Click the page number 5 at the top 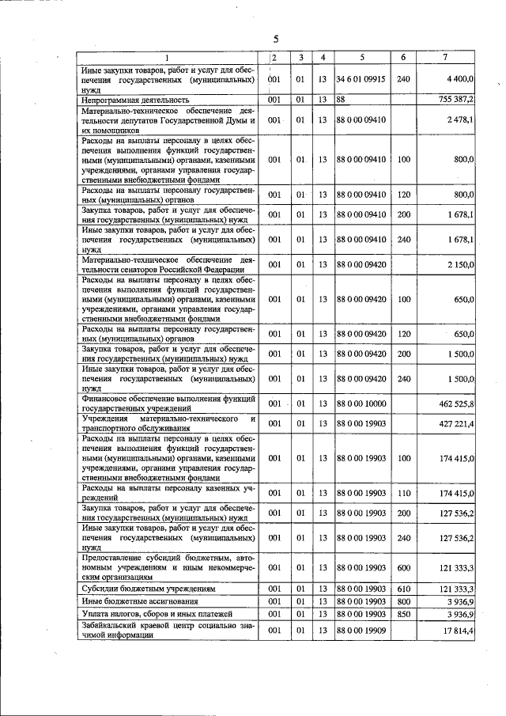click(276, 39)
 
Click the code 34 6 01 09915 click(361, 80)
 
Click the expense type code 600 click(403, 567)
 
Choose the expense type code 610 click(403, 589)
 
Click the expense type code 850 click(403, 613)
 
